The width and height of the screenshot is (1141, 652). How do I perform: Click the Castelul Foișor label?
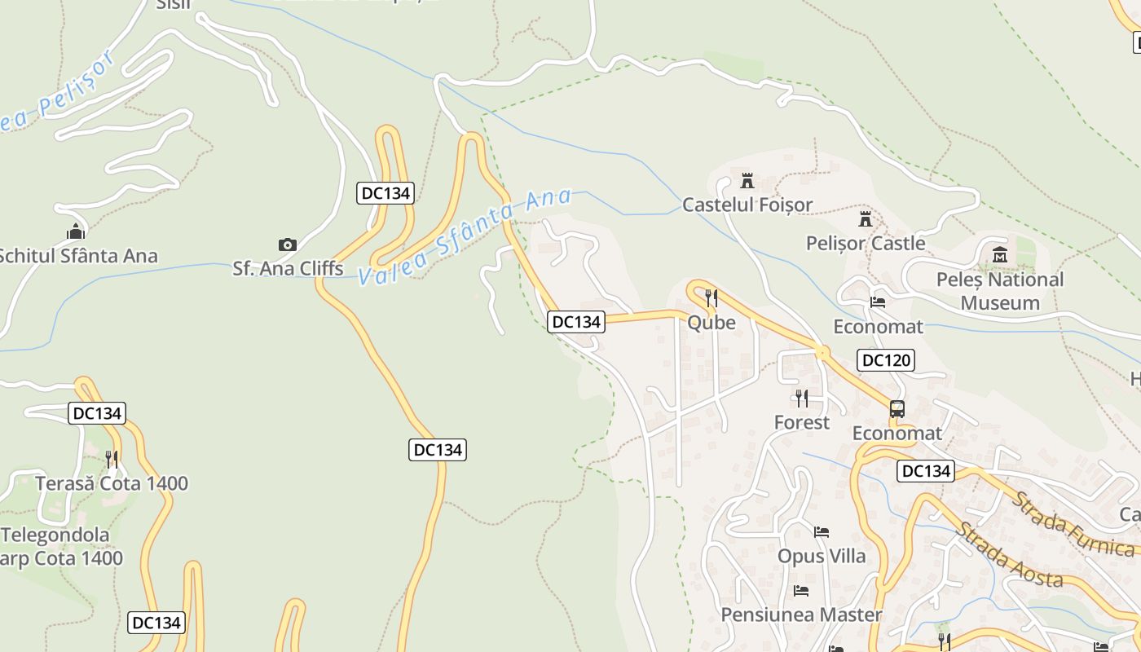[x=747, y=205]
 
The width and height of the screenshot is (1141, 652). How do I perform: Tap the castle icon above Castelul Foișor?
[x=747, y=179]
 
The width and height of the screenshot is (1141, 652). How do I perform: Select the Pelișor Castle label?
[x=866, y=243]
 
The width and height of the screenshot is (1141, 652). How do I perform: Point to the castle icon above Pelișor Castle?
[x=866, y=218]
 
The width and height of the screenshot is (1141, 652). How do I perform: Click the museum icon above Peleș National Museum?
[x=1000, y=254]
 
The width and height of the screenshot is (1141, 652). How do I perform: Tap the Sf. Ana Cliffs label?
[x=288, y=268]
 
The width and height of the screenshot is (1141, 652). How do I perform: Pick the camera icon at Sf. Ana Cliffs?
[x=287, y=244]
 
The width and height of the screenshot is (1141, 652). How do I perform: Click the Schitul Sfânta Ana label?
[x=78, y=255]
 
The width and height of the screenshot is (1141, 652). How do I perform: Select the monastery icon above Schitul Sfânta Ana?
[x=76, y=232]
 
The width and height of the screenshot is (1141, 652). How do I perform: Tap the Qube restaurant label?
[x=711, y=322]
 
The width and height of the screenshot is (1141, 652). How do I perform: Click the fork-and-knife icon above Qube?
[x=711, y=298]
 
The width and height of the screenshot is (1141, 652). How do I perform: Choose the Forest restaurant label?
[x=802, y=422]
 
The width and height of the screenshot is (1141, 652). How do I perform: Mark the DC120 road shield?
[x=886, y=359]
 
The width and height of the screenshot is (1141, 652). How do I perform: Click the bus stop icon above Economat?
[x=897, y=409]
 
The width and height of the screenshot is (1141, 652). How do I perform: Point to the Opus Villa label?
[x=822, y=556]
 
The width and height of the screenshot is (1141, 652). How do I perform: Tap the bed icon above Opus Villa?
[x=822, y=532]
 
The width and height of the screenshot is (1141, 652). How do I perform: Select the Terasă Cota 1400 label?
[x=112, y=483]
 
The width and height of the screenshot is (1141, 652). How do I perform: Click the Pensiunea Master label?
[x=801, y=614]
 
